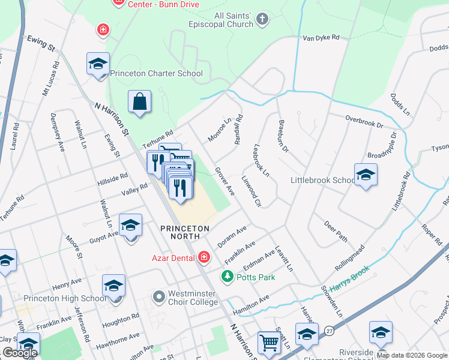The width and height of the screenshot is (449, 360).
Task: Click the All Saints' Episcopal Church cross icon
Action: click(x=262, y=20)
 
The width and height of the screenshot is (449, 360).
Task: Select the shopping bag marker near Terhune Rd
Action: click(x=139, y=102)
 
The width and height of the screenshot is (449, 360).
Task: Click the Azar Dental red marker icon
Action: click(x=204, y=257)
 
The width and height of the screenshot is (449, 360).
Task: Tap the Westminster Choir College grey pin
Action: click(x=158, y=296)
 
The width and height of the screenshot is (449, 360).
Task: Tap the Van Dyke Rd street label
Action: click(x=321, y=38)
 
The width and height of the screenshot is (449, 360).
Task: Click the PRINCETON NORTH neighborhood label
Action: click(x=185, y=229)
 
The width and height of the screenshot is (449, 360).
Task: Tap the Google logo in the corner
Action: click(x=20, y=353)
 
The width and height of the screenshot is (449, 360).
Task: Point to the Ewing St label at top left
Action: click(x=41, y=43)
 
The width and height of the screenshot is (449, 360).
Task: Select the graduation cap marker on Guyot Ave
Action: click(x=130, y=226)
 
